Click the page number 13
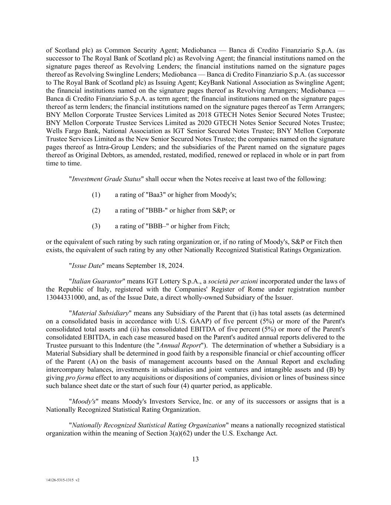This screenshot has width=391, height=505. (195, 459)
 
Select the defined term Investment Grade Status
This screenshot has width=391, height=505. (106, 179)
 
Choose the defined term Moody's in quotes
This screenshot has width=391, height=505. (84, 401)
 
